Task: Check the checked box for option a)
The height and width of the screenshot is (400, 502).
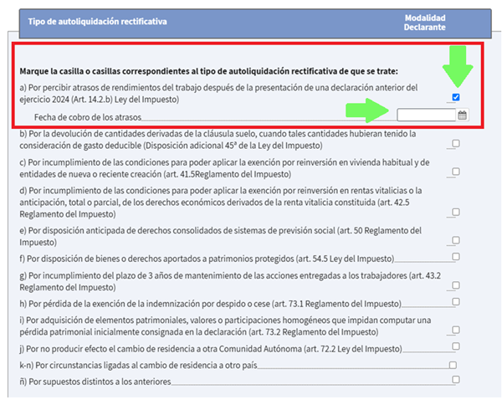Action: point(456,98)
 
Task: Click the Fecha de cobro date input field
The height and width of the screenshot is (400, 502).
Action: point(426,115)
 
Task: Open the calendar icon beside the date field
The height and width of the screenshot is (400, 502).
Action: point(463,115)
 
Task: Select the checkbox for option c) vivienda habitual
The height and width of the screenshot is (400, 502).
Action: point(456,172)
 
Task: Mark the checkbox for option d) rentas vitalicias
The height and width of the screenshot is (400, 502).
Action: point(456,213)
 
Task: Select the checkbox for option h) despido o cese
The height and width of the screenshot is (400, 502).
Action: point(456,301)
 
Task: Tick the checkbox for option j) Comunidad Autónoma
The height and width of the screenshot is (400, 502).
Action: point(456,346)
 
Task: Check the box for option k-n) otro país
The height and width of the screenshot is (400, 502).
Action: point(453,365)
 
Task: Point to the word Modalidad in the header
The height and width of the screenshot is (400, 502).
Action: point(425,17)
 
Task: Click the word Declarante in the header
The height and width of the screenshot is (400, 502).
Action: point(425,28)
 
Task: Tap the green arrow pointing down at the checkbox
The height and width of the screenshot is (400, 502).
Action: point(456,66)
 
